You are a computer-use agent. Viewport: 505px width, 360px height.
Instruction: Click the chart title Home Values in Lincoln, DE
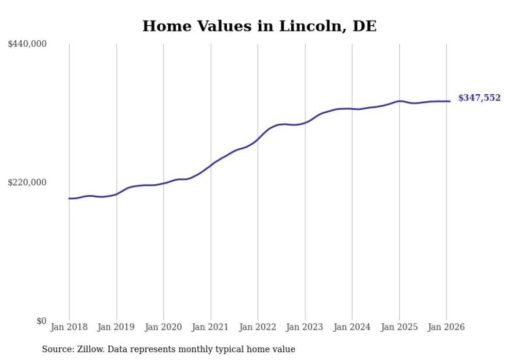(259, 26)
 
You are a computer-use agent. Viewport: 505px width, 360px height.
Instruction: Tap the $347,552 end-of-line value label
(479, 98)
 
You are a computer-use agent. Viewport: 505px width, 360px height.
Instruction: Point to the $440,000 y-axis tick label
(27, 44)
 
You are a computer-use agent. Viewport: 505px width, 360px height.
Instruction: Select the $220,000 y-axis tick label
(27, 182)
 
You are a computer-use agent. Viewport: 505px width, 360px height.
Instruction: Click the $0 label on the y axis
(41, 321)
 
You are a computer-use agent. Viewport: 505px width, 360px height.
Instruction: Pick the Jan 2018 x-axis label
(69, 328)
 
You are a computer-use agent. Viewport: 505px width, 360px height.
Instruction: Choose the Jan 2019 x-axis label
(116, 328)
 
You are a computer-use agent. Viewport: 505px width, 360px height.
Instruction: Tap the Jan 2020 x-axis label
(163, 328)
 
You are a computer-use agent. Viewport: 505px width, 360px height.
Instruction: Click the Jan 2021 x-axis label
(211, 328)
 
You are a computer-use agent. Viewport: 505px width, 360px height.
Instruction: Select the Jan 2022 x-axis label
(258, 328)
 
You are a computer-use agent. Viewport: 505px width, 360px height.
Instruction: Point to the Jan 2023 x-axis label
(305, 328)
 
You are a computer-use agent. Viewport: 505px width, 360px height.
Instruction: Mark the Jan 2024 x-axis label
(352, 328)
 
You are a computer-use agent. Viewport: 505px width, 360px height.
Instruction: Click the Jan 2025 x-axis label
(399, 328)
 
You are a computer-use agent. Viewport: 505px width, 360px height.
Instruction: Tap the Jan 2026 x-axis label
(446, 328)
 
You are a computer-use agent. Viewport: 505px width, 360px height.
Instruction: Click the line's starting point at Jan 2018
(69, 198)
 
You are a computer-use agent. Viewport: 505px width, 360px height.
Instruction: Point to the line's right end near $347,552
(450, 101)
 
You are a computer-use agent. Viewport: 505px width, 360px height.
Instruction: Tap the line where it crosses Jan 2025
(399, 101)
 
